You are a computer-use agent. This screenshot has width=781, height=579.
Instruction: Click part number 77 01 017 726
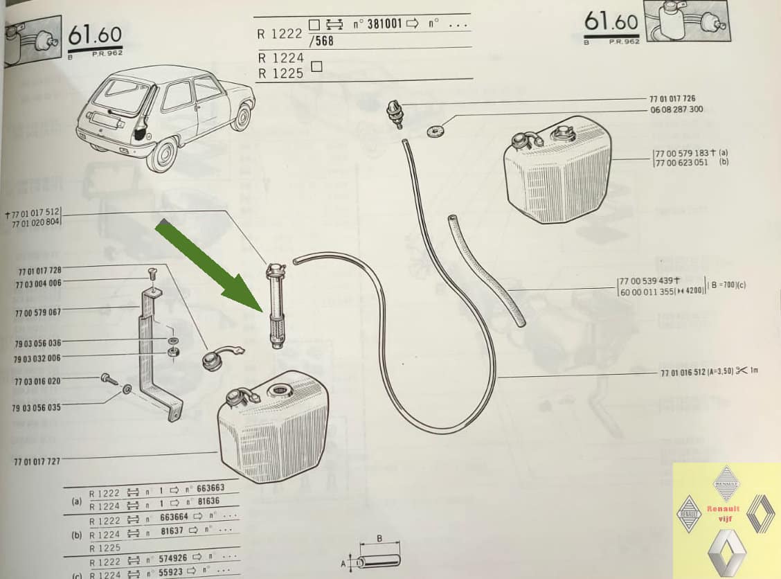pyautogui.click(x=672, y=99)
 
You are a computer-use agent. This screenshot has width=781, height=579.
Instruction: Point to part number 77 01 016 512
pyautogui.click(x=689, y=372)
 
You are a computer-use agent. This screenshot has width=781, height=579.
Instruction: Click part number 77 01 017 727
pyautogui.click(x=37, y=461)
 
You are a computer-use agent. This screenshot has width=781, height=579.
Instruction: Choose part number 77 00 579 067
pyautogui.click(x=37, y=313)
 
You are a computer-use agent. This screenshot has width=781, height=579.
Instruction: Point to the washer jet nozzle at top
pyautogui.click(x=395, y=113)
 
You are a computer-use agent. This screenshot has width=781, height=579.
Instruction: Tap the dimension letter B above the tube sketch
pyautogui.click(x=379, y=537)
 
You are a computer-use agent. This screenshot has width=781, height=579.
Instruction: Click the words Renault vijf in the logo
pyautogui.click(x=723, y=513)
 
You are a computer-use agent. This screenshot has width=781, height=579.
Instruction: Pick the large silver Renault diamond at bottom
pyautogui.click(x=726, y=551)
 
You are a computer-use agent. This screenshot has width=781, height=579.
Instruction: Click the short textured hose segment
pyautogui.click(x=486, y=270)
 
